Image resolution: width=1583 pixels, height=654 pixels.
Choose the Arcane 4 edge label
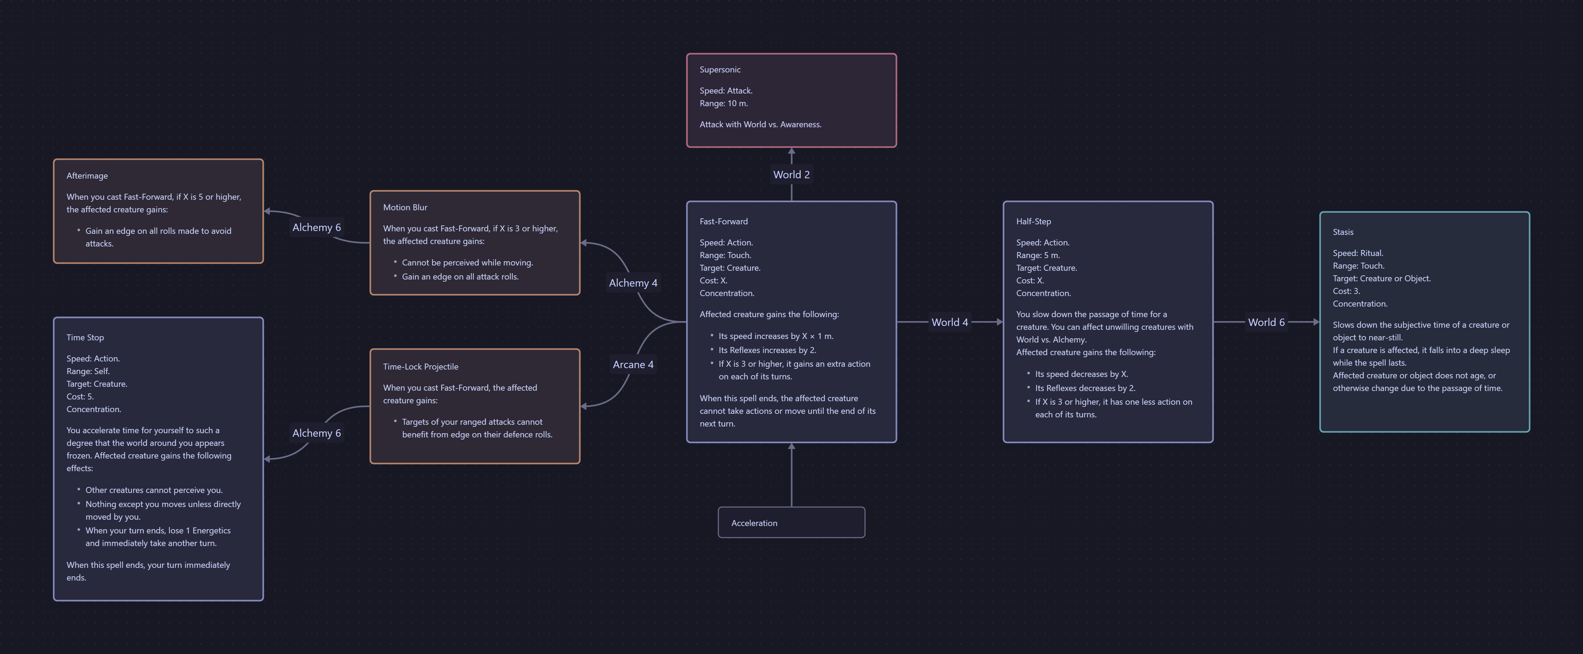[632, 365]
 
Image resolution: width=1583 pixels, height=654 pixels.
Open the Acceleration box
[791, 522]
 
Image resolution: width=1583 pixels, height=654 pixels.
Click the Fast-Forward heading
[723, 222]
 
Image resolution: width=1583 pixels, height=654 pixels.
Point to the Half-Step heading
[1033, 222]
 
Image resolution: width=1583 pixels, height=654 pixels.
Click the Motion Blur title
[405, 207]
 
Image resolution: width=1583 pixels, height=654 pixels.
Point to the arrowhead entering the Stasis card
[1316, 322]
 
